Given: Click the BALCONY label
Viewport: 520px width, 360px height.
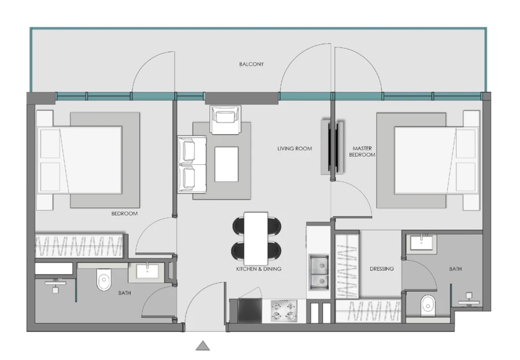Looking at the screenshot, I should click(251, 64).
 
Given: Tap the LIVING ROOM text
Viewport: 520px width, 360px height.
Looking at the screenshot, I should click(295, 149).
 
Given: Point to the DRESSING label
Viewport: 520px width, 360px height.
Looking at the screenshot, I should click(381, 269).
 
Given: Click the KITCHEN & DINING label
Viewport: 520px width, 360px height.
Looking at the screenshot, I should click(258, 269).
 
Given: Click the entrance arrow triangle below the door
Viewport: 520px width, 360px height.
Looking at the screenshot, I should click(202, 346).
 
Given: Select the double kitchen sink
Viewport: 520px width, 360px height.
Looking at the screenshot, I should click(318, 272).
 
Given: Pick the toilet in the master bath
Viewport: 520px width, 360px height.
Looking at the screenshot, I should click(428, 303).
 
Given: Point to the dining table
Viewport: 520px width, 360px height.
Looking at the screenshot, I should click(256, 237).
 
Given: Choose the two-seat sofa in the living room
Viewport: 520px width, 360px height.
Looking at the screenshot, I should click(188, 164).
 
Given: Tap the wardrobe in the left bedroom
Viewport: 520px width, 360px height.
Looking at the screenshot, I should click(79, 246).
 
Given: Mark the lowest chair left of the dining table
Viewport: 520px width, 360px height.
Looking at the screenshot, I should click(238, 251).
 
